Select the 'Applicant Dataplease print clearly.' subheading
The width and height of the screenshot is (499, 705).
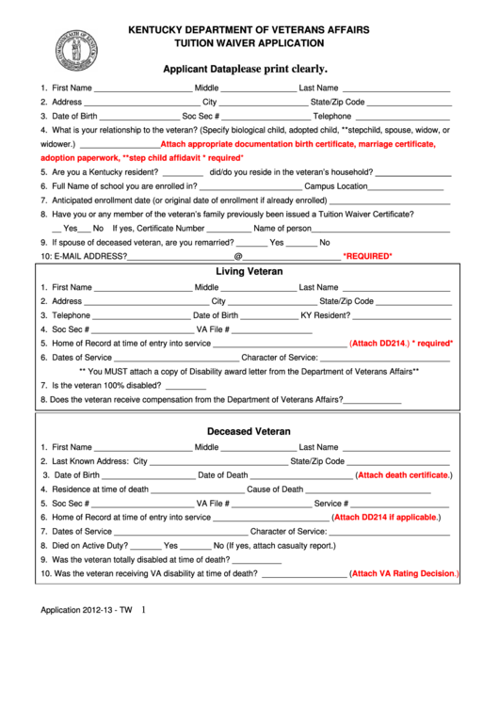pos(246,69)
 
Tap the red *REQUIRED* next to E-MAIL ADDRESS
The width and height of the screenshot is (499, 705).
pos(367,256)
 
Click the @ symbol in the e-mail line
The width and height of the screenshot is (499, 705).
pos(238,256)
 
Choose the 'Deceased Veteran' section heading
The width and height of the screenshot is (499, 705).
pos(249,431)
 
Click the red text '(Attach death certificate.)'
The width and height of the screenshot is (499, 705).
pos(402,475)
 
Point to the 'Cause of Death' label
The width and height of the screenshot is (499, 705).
pos(275,489)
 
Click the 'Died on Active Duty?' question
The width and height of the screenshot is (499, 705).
pos(90,545)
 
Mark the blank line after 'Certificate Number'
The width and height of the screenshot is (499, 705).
pos(229,228)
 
